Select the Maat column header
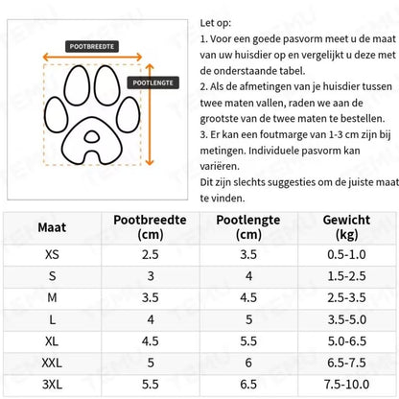tap(53, 228)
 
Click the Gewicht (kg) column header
tap(347, 228)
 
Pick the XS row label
tap(52, 255)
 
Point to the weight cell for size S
tap(347, 275)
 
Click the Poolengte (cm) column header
tap(248, 228)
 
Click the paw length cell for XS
tap(248, 255)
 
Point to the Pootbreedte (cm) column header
tap(150, 228)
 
